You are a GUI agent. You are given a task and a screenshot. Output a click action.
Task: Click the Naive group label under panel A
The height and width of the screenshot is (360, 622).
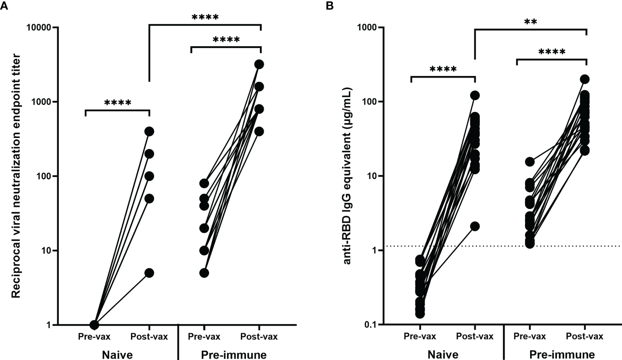coord(117,354)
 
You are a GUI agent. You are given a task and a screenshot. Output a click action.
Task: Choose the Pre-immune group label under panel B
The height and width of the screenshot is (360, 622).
coord(562,354)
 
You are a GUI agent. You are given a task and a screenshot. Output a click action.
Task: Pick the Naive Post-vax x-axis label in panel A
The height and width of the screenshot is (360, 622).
coord(149,337)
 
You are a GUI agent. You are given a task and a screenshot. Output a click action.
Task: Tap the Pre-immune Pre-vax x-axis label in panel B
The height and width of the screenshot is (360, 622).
coord(529,337)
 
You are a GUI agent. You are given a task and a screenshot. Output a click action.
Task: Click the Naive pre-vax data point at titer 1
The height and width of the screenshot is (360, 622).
coord(94,325)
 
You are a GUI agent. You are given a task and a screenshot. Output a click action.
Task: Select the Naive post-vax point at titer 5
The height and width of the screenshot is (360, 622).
coord(149,273)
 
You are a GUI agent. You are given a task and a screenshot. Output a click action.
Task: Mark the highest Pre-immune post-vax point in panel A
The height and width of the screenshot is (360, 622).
coord(259,64)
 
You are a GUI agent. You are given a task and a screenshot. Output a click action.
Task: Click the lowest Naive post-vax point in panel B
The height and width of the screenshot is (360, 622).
coord(475,226)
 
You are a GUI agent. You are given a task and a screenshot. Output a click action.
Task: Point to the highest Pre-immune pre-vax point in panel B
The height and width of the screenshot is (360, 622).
coord(529,162)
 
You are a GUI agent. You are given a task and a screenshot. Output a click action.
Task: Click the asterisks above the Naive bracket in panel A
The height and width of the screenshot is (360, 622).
coord(118,103)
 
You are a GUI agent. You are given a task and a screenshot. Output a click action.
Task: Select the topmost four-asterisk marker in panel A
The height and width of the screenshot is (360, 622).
coord(205,17)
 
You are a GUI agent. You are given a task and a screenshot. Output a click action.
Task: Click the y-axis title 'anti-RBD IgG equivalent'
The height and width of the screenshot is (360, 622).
coord(347,175)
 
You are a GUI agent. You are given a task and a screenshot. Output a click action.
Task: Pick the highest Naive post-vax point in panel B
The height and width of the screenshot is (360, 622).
coord(475,95)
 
